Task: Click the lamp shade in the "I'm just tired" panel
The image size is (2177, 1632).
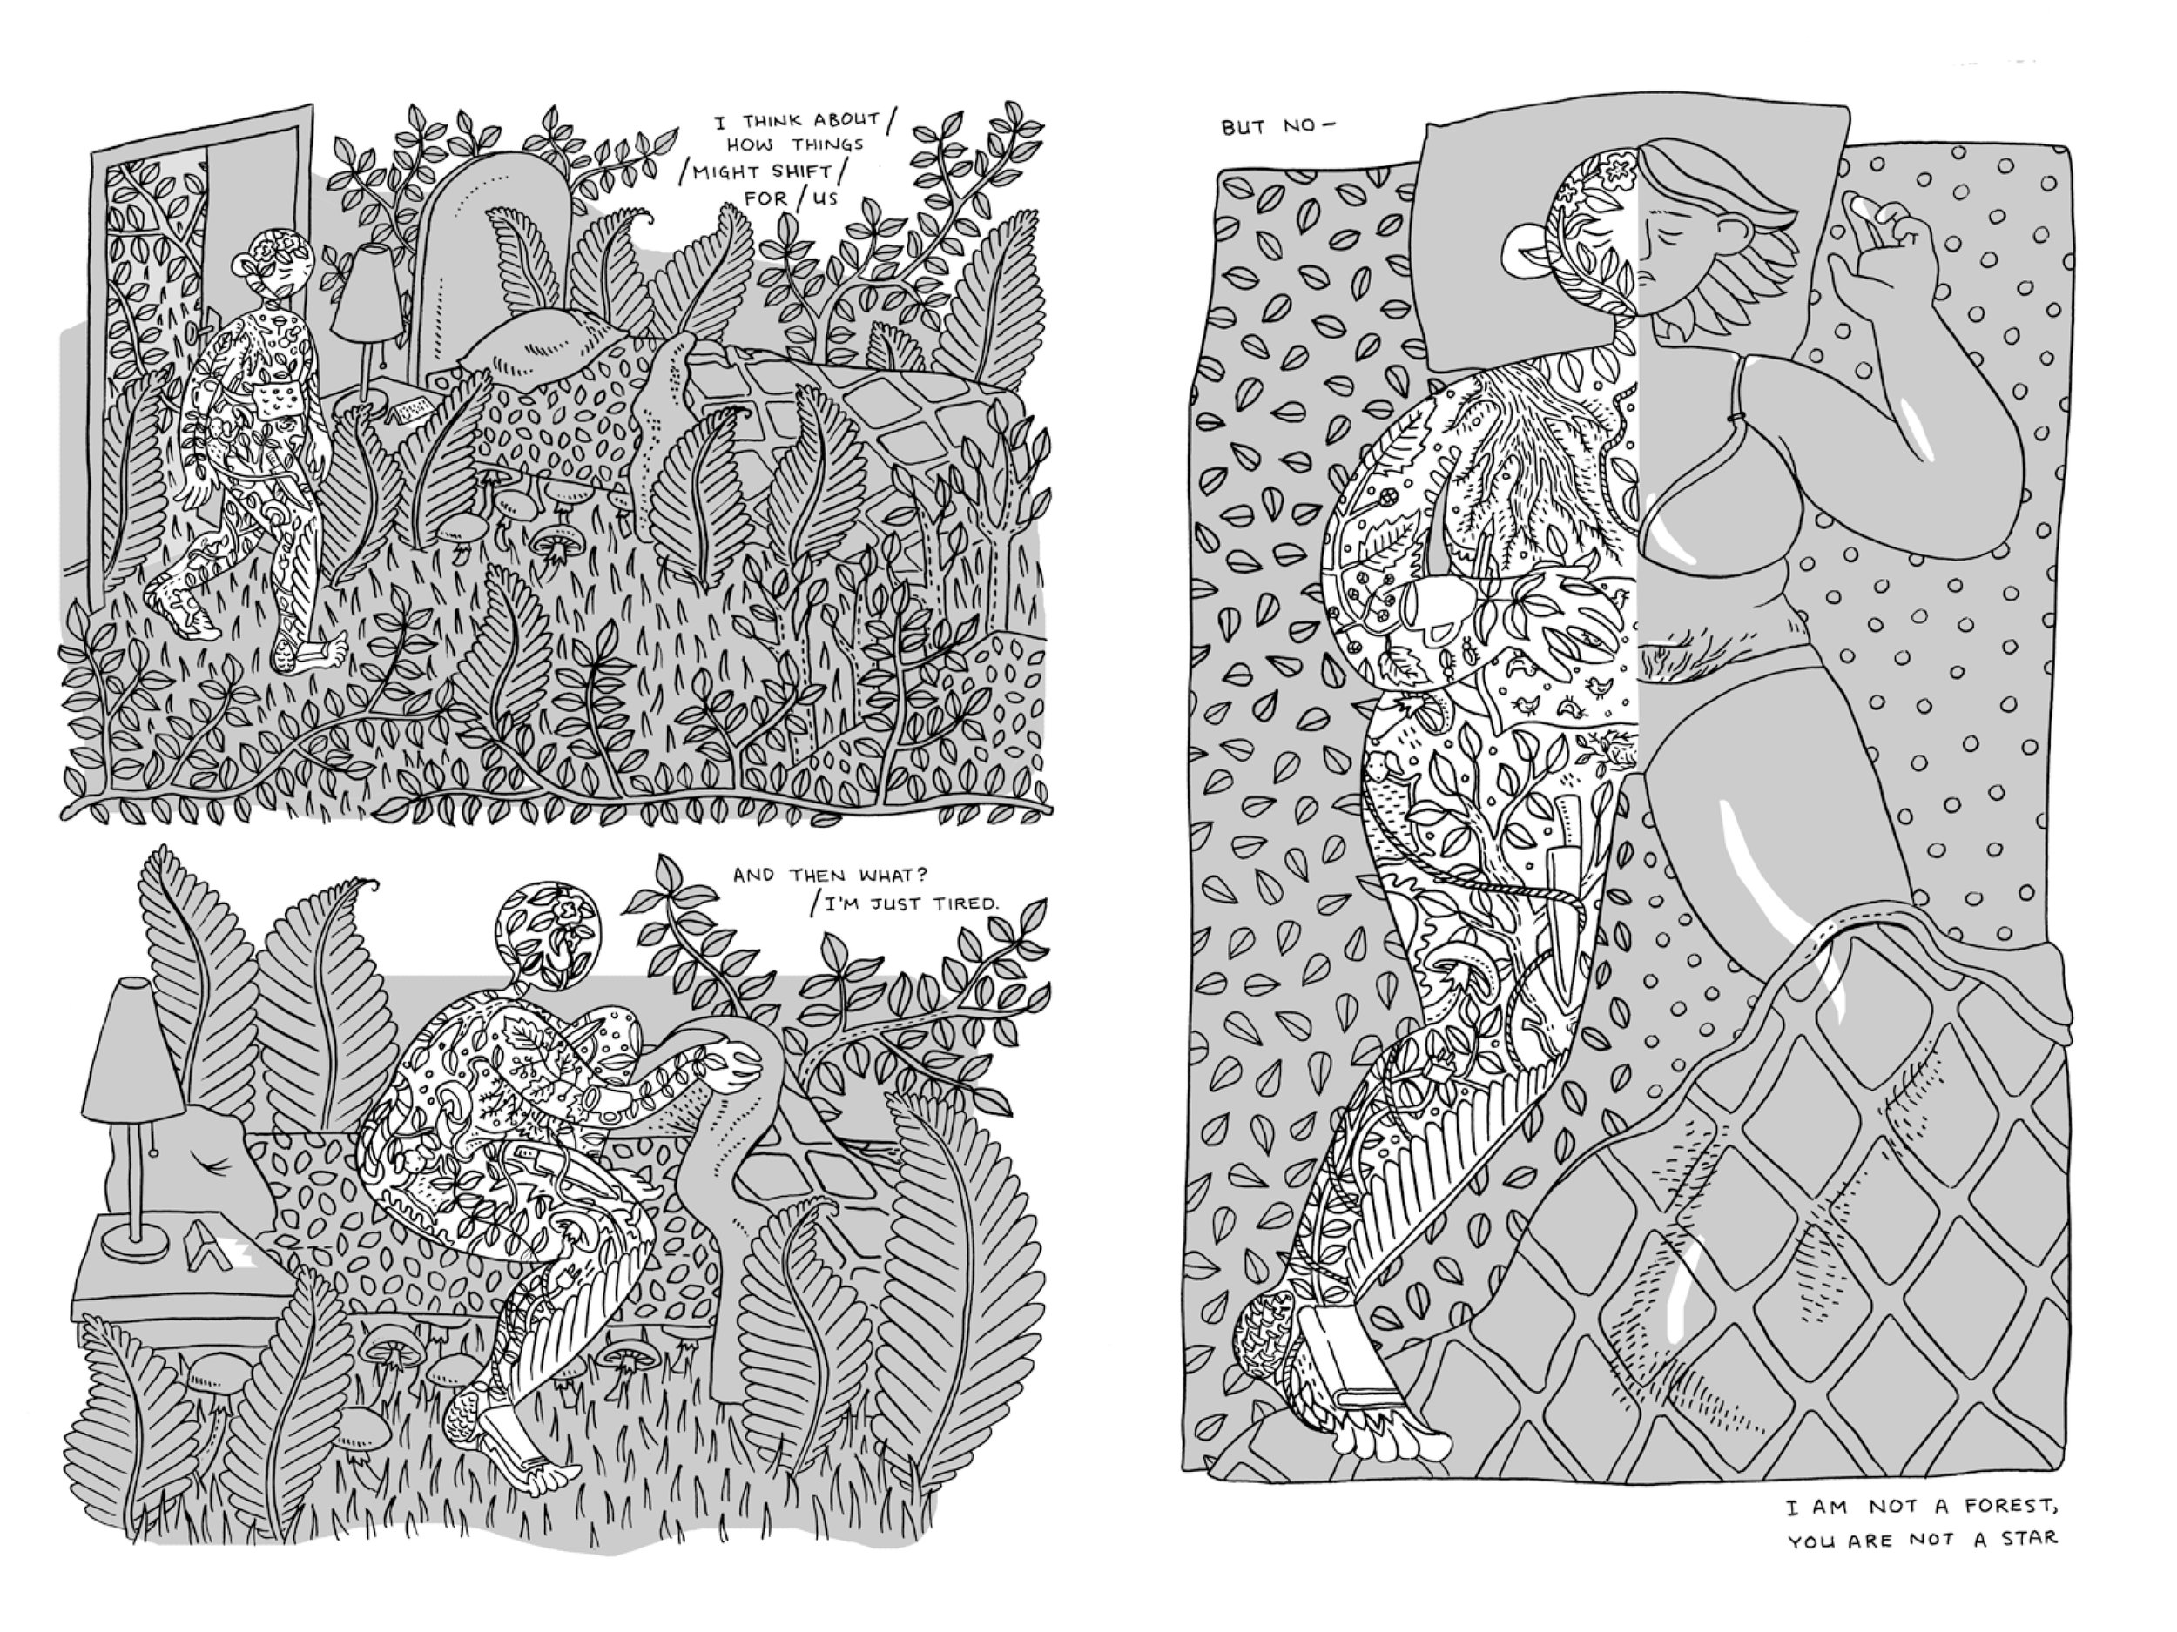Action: pyautogui.click(x=131, y=1044)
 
